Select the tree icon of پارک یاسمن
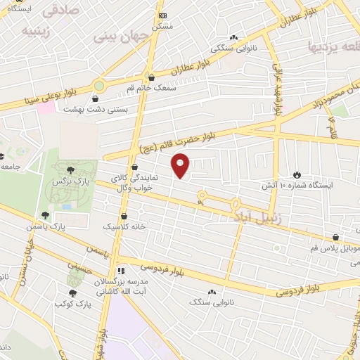coord(46,216)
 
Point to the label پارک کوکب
coord(73,304)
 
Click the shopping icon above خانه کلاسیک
coord(124,217)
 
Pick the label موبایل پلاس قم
coord(335,249)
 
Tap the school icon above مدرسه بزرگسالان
coord(121,270)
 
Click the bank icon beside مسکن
coord(163,15)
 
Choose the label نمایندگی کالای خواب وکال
coord(134,184)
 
